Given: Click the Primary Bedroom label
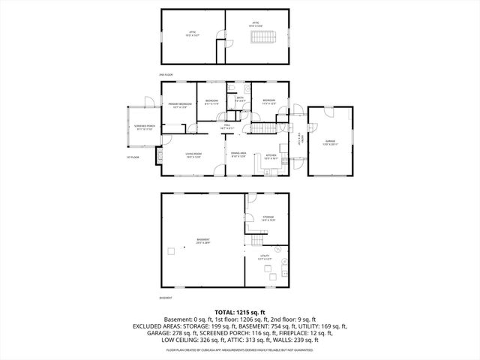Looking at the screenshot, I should pos(180,105).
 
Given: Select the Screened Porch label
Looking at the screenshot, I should pos(145,127).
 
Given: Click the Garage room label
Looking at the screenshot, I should pos(331,143).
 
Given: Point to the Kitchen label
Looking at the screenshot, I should pos(271,157).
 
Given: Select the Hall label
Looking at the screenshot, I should pos(227,127).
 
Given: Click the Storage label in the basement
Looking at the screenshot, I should pos(268,219).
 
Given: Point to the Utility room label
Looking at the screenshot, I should pos(265,257).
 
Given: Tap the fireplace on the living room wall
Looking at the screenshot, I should pos(160,155).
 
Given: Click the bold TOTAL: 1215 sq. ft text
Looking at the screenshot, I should pos(240,311).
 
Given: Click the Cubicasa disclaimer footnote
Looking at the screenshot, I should pos(240,350).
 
